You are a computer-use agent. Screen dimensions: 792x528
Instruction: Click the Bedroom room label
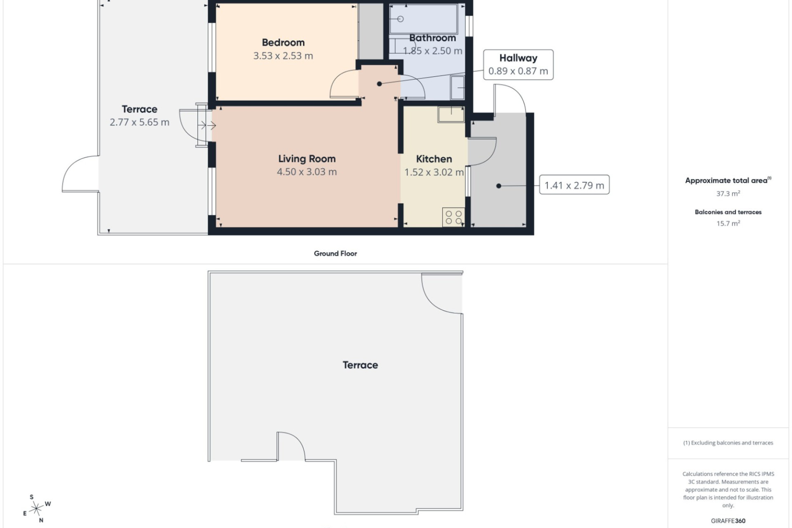point(283,42)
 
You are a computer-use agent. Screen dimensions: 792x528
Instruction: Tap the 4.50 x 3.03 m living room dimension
point(307,172)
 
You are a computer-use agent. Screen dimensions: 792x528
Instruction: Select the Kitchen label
point(434,159)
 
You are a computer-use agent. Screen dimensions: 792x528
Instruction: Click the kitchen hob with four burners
point(454,217)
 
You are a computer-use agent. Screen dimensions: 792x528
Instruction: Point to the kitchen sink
point(451,114)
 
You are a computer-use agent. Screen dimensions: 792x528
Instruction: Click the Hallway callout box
point(518,65)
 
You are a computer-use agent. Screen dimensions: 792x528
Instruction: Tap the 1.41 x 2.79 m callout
point(574,185)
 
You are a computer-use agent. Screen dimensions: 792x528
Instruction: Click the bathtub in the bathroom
point(424,19)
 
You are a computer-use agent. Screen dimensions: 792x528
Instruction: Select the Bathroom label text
point(432,38)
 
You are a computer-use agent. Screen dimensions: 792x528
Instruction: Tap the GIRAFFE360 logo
point(728,521)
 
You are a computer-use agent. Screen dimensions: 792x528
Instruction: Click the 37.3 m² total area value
point(728,193)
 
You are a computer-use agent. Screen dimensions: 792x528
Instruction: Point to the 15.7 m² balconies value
point(728,224)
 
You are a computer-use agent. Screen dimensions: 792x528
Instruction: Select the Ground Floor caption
point(335,254)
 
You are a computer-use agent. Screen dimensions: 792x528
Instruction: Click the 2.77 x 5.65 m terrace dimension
point(139,123)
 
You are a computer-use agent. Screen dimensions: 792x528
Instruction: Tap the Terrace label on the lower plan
point(360,365)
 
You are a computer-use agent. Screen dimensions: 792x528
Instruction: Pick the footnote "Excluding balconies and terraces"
point(728,443)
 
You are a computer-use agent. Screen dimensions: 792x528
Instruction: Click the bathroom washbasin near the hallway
point(457,88)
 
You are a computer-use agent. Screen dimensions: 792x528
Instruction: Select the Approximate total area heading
point(728,180)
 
